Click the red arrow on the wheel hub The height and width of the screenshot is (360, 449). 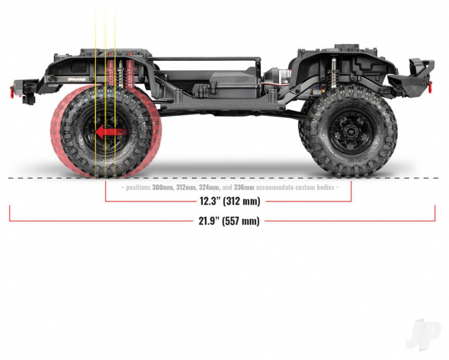110,132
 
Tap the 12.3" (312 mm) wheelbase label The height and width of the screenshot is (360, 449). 230,201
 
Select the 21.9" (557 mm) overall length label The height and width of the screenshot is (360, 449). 229,221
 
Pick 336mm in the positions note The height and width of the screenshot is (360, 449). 244,188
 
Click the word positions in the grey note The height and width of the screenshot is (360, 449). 138,188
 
